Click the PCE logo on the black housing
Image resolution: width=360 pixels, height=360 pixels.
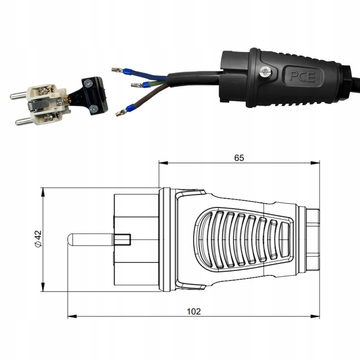coord(303,76)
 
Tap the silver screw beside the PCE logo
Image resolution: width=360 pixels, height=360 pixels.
coord(265,73)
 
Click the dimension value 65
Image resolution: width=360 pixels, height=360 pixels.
coord(239,157)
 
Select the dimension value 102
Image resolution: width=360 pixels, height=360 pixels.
coord(194,311)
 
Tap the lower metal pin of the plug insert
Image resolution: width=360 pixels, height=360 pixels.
coord(23,120)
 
